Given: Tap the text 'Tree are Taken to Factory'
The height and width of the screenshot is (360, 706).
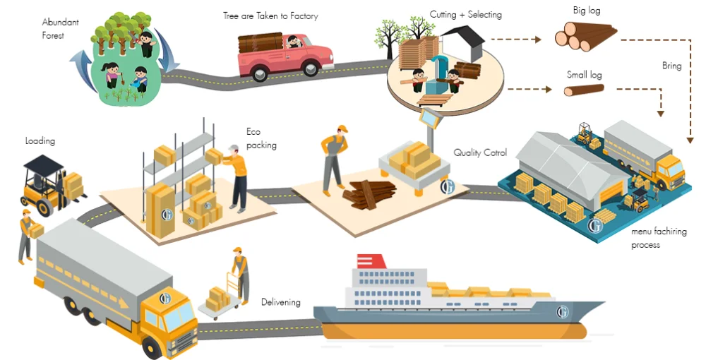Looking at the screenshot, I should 270,16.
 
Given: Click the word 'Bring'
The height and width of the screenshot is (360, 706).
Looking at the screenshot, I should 671,66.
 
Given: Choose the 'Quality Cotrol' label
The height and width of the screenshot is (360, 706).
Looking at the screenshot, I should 480,152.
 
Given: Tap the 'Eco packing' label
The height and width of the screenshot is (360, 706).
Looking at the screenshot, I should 261,138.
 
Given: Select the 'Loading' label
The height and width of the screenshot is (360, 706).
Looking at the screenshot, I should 40,141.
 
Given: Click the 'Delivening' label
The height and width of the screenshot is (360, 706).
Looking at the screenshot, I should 280,302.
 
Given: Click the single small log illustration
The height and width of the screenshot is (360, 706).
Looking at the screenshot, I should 584,90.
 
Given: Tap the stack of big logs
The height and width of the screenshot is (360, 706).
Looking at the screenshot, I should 585,36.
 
